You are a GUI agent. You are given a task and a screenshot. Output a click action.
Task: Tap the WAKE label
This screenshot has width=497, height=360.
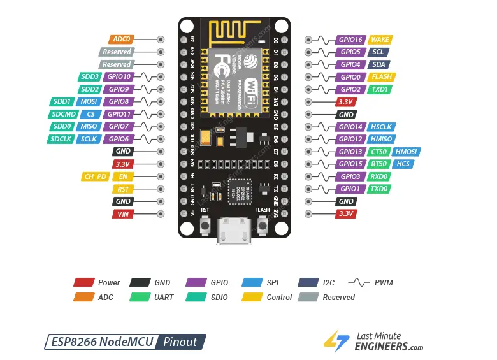click(x=380, y=39)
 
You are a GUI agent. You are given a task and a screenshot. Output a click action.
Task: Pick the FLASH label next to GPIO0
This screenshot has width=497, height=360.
click(x=382, y=77)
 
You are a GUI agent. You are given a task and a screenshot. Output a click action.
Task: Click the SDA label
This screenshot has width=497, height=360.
click(x=379, y=64)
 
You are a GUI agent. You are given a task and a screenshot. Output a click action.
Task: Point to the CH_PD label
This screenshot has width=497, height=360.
click(x=96, y=176)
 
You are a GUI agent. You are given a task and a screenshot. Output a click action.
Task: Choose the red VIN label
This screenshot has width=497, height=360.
click(x=122, y=214)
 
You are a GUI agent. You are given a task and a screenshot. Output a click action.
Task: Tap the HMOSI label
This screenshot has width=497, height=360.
click(x=406, y=152)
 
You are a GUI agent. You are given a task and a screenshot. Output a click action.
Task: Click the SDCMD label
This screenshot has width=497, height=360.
click(x=64, y=114)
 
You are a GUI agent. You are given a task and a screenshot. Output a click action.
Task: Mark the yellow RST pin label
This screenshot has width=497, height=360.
click(x=122, y=189)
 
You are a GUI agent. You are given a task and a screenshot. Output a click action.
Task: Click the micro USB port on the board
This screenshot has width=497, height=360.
click(x=234, y=231)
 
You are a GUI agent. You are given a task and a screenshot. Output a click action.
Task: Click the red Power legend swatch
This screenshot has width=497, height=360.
click(x=84, y=282)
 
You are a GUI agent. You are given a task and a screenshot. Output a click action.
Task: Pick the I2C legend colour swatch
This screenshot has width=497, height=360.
click(x=308, y=282)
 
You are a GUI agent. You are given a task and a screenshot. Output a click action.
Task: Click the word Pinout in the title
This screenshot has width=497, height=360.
click(x=180, y=342)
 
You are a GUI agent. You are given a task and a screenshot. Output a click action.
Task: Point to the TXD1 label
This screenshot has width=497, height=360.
click(x=380, y=89)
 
